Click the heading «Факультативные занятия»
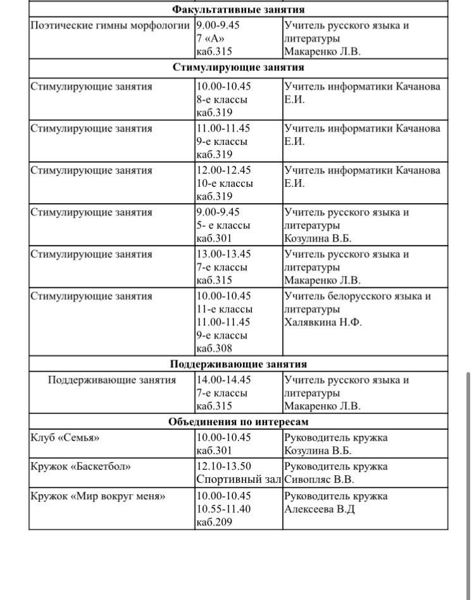238,9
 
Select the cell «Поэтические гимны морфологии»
110,26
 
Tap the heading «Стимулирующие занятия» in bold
238,67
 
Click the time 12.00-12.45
223,170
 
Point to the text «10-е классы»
225,184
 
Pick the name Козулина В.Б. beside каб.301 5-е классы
318,239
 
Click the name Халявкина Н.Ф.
323,322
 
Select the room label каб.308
215,348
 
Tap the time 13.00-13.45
223,254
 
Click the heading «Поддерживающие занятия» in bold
238,364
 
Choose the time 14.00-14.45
223,380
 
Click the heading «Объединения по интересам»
238,422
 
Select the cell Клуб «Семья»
65,438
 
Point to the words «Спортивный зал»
237,480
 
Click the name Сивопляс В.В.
319,480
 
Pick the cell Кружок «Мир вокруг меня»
97,496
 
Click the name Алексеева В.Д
320,509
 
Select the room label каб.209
215,522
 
